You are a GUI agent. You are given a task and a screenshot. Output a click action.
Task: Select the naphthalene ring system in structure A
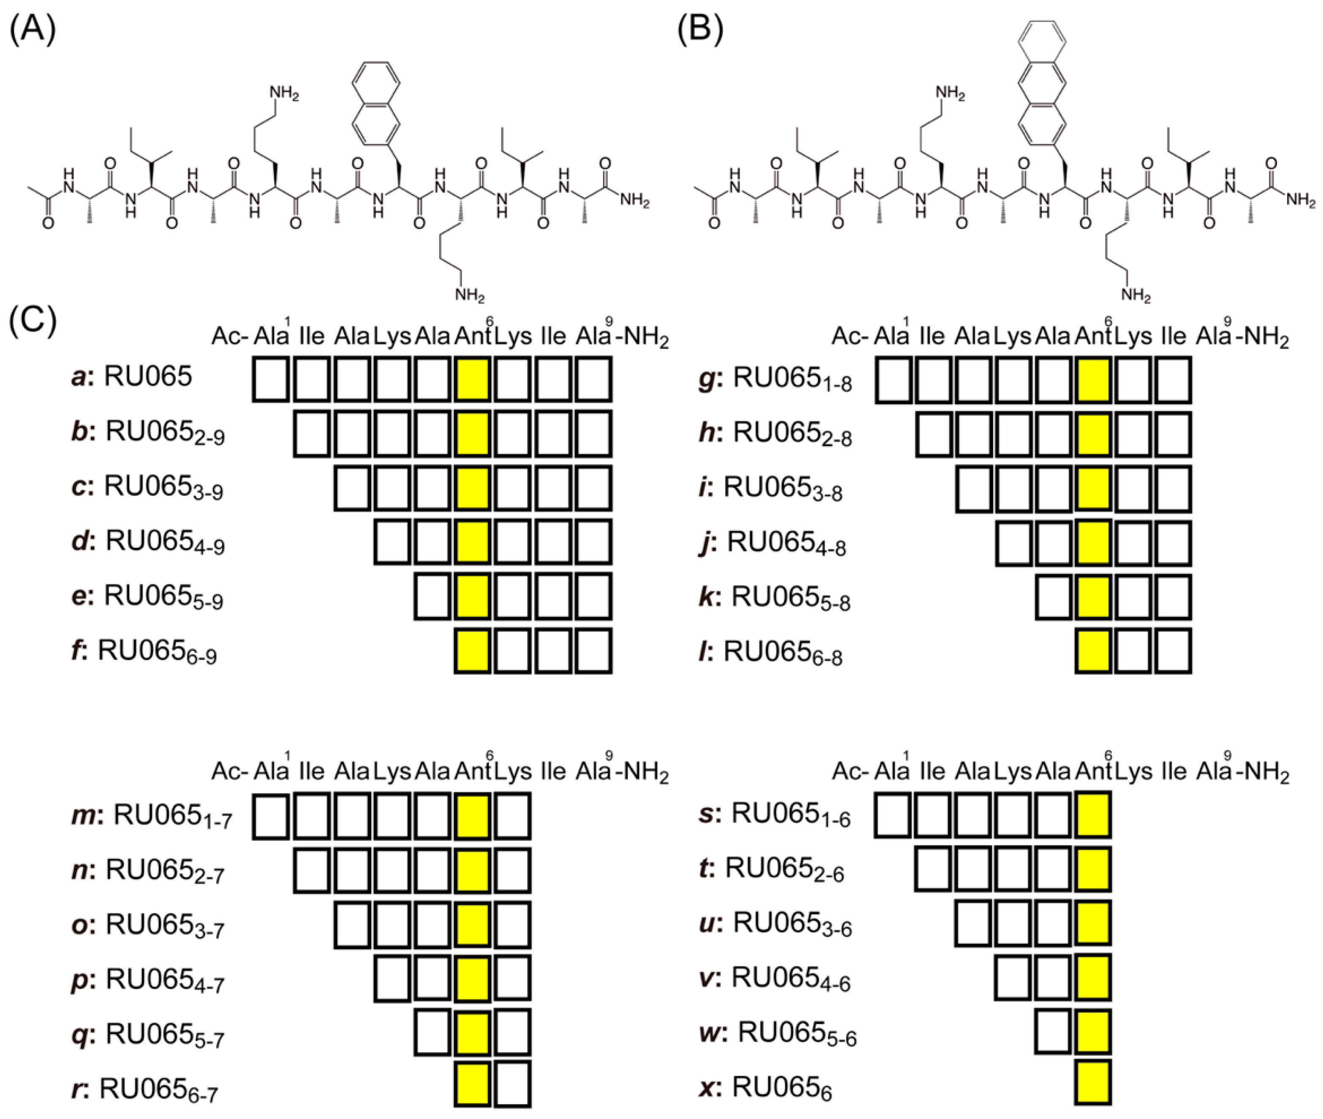(377, 105)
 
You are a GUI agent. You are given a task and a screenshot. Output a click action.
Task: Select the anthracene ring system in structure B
(1042, 82)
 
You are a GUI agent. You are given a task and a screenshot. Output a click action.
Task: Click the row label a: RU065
(131, 377)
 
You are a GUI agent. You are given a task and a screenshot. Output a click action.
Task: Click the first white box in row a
(271, 379)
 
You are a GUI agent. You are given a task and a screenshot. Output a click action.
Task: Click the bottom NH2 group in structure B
(1135, 295)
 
